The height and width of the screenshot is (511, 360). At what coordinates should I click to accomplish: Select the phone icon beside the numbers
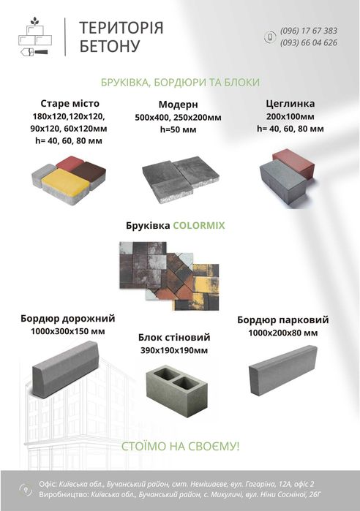tap(269, 37)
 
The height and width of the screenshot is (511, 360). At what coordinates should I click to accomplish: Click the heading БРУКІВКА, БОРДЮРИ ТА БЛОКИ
tap(180, 82)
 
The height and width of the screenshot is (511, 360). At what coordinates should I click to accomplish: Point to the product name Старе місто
tap(70, 103)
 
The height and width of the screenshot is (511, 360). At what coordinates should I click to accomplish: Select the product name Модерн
tap(178, 104)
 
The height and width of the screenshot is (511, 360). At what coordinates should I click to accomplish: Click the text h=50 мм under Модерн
tap(178, 129)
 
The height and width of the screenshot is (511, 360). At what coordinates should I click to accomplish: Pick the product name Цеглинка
tap(290, 103)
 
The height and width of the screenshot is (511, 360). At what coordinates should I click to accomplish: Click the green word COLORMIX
tap(198, 226)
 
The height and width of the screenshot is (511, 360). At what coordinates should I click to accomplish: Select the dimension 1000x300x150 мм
tap(68, 331)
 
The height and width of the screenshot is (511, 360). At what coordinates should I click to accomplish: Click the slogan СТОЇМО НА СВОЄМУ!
tap(179, 445)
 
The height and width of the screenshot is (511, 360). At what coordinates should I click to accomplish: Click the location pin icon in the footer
tap(27, 488)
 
